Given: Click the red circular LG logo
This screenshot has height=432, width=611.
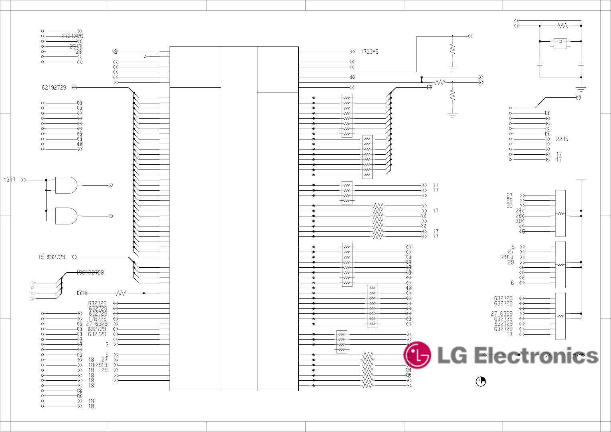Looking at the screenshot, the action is click(x=417, y=355).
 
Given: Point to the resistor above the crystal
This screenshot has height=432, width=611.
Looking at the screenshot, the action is click(x=563, y=26).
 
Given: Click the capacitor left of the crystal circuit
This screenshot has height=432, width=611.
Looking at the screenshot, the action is click(x=540, y=64).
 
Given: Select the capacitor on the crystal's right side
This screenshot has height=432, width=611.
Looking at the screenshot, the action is click(x=581, y=64).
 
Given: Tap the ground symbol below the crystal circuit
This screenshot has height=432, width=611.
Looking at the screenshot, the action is click(x=581, y=89).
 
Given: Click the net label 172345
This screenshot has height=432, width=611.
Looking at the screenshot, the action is click(x=369, y=52).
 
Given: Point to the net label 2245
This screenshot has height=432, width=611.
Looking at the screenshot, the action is click(x=562, y=139).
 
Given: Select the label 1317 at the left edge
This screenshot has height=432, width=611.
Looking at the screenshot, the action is click(x=10, y=180).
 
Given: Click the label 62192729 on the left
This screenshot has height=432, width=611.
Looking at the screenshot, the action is click(x=54, y=87).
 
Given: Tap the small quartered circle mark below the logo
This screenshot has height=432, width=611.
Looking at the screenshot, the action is click(x=480, y=382).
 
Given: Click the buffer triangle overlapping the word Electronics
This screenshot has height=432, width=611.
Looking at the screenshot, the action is click(x=548, y=355).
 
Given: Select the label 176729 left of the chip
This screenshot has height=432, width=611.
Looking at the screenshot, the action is click(x=97, y=319).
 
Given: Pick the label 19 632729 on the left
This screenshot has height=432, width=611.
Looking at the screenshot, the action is click(x=52, y=257).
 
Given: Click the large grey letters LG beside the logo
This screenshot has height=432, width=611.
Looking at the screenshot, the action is click(x=452, y=356).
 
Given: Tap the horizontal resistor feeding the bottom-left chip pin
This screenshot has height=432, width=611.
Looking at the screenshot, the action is click(x=121, y=293).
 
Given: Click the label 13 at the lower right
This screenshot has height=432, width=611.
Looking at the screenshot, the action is click(x=510, y=334).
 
